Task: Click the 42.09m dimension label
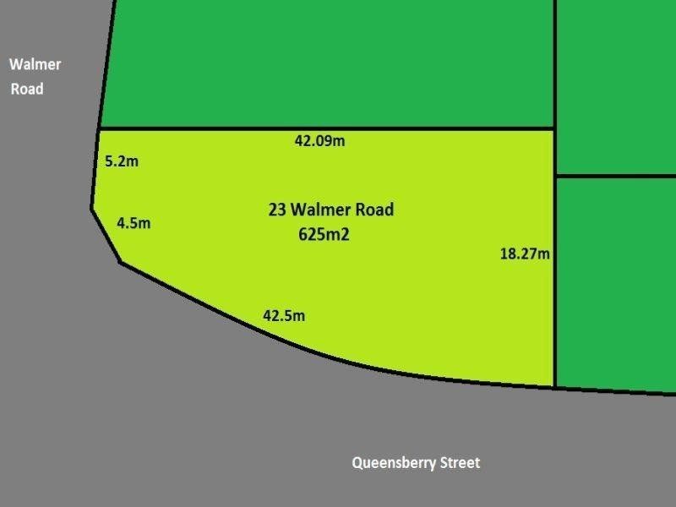319,141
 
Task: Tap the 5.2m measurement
122,161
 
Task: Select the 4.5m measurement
134,223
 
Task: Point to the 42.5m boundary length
284,316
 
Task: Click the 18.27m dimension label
526,253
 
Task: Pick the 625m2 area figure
324,236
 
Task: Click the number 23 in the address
277,210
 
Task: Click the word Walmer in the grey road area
35,64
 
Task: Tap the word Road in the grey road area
27,88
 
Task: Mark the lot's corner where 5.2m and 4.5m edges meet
92,208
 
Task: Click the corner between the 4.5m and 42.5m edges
121,262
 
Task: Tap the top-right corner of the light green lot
554,129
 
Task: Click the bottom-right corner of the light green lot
554,387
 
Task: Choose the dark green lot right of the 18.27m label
615,283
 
